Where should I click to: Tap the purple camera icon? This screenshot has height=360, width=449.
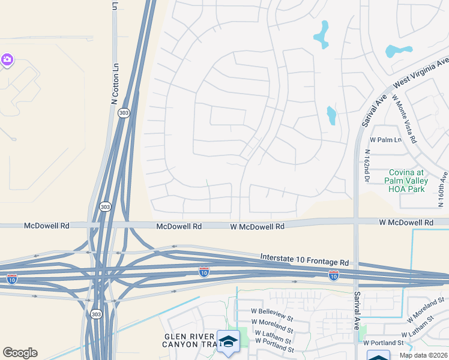pos(7,59)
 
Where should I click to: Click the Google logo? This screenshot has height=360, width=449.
pos(20,353)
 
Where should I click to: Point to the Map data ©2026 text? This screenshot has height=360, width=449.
pos(423,355)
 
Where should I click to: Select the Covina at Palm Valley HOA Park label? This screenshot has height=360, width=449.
pos(406,181)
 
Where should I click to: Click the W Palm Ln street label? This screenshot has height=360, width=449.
pos(384,139)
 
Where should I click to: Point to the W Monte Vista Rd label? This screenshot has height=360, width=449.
pos(404,118)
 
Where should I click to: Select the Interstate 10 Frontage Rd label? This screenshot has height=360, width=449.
pos(304,259)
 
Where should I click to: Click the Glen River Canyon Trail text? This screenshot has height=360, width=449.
pos(189,340)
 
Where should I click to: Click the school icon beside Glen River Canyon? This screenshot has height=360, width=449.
pos(228,341)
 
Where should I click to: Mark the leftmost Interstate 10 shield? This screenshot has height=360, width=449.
pos(12,278)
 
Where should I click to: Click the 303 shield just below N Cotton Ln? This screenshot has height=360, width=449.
pos(124,113)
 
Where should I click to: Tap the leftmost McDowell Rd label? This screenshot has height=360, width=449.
pos(46,226)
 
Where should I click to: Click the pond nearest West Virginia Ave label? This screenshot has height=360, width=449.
pos(399,51)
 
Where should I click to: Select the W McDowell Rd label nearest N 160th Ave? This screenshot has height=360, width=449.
pos(406,223)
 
